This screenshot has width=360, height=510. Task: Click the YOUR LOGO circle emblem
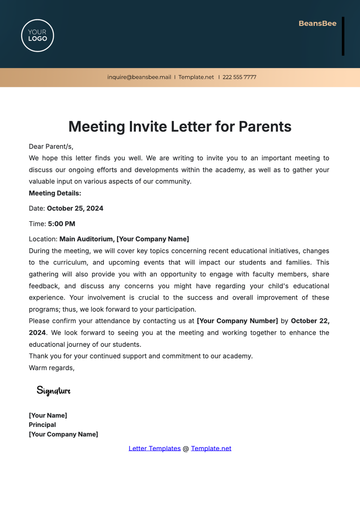(x=37, y=35)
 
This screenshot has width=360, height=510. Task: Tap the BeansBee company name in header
(x=317, y=23)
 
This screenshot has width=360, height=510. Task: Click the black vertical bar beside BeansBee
(x=343, y=36)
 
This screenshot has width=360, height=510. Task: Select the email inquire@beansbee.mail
(x=139, y=77)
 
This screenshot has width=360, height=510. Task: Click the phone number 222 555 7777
(x=239, y=77)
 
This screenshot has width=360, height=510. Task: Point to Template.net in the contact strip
(x=196, y=77)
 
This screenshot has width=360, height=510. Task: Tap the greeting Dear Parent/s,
(x=51, y=146)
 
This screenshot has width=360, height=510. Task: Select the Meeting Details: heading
(x=55, y=193)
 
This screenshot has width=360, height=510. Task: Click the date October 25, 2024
(x=75, y=208)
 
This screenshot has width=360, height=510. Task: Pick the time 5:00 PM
(x=61, y=224)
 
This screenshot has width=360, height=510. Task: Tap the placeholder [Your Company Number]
(x=237, y=321)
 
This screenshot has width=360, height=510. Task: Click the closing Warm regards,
(x=52, y=368)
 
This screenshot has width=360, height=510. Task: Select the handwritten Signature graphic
(x=53, y=390)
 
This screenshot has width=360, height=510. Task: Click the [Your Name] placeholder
(x=48, y=415)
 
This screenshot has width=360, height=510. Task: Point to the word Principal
(x=42, y=425)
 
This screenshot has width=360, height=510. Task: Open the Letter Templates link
(x=154, y=448)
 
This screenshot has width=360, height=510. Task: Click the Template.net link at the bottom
(x=211, y=448)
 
